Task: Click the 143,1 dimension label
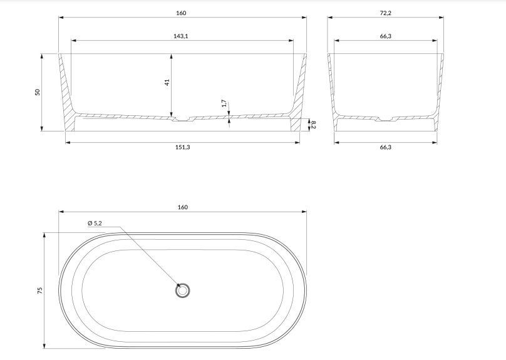click(x=181, y=36)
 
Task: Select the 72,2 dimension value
click(x=385, y=13)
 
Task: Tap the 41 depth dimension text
click(x=167, y=83)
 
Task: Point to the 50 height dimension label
click(x=38, y=92)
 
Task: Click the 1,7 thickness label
click(x=224, y=103)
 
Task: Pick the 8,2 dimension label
click(x=313, y=125)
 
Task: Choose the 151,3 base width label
click(x=182, y=147)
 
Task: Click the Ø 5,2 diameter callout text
click(x=95, y=223)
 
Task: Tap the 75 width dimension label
click(x=40, y=291)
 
